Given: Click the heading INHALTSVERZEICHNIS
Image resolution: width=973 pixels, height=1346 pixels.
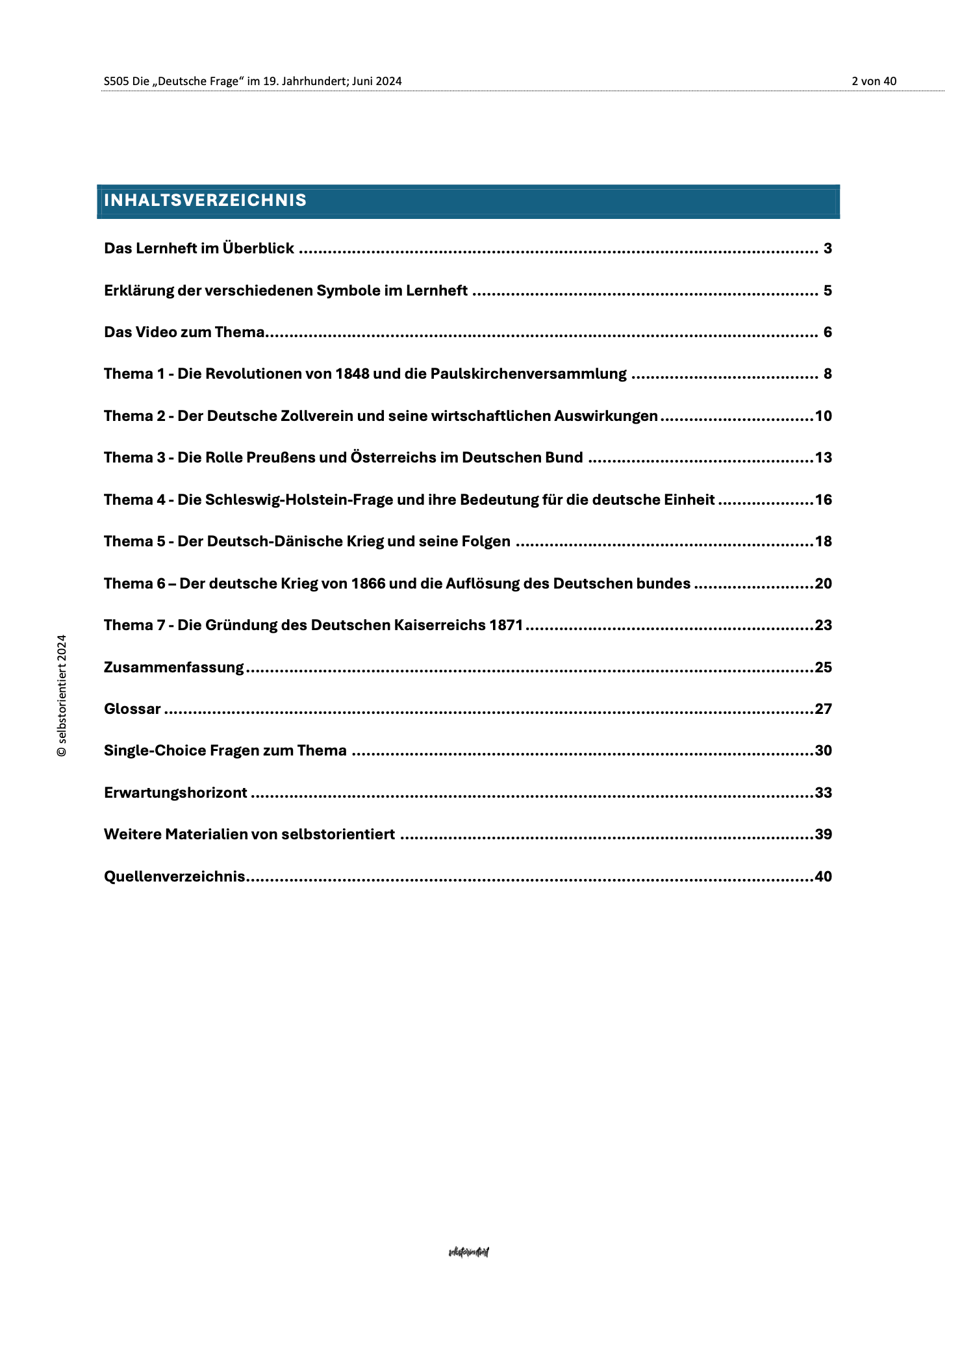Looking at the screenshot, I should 205,201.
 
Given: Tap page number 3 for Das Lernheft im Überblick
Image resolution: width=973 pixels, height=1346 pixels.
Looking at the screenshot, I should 827,249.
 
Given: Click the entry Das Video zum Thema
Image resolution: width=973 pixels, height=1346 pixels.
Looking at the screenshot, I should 184,333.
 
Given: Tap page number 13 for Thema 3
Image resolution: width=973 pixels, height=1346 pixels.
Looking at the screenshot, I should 823,458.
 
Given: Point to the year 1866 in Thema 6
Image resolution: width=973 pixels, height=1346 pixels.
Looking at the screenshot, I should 368,584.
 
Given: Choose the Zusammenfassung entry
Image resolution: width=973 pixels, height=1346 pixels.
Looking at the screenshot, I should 174,668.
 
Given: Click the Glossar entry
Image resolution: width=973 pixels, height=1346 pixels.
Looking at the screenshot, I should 133,709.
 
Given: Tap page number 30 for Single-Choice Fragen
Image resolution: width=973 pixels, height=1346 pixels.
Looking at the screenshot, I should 823,752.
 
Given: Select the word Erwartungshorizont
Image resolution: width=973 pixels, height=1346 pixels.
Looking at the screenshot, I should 175,793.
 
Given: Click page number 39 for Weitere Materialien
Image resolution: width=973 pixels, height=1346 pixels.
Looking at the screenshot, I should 823,835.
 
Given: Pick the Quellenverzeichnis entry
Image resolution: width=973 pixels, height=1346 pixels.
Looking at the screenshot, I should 175,877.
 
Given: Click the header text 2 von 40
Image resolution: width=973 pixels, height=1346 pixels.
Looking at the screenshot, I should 874,81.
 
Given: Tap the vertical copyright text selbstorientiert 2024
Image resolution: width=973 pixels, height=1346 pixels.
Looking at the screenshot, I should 62,695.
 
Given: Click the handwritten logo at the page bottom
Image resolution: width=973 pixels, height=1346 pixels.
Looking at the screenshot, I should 468,1252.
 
